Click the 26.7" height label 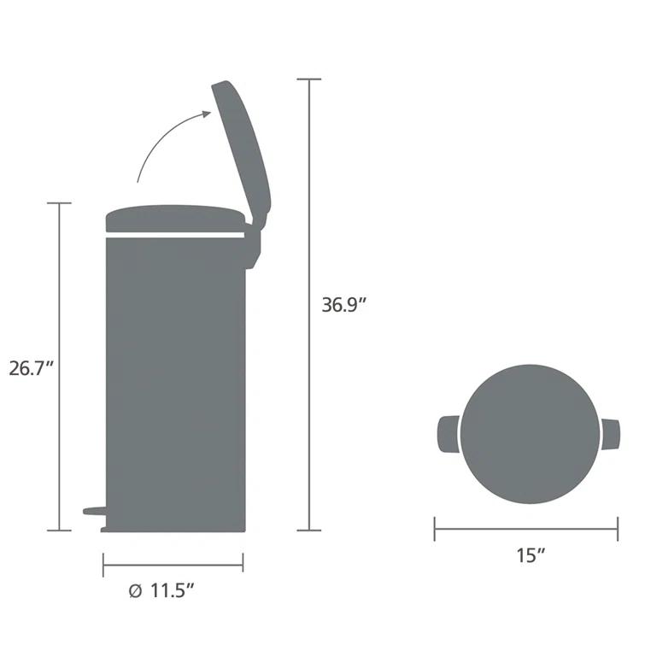pos(32,370)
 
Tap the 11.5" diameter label pos(174,589)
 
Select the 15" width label pos(531,555)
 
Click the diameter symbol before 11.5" pos(135,589)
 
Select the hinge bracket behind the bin pos(252,248)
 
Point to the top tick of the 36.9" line pos(309,79)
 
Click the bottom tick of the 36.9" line pos(309,531)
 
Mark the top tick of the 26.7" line pos(59,203)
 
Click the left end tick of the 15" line pos(435,529)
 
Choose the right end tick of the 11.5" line pos(243,564)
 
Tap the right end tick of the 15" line pos(618,529)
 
